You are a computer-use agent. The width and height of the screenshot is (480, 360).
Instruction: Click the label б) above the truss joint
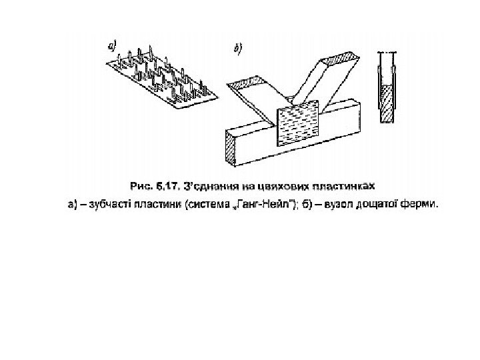(x=237, y=48)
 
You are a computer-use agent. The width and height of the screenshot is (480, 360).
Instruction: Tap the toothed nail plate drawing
(x=161, y=77)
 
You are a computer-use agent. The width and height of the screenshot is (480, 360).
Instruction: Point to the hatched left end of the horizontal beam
(x=231, y=148)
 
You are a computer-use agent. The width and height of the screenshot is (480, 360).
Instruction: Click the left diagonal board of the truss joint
(x=254, y=99)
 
